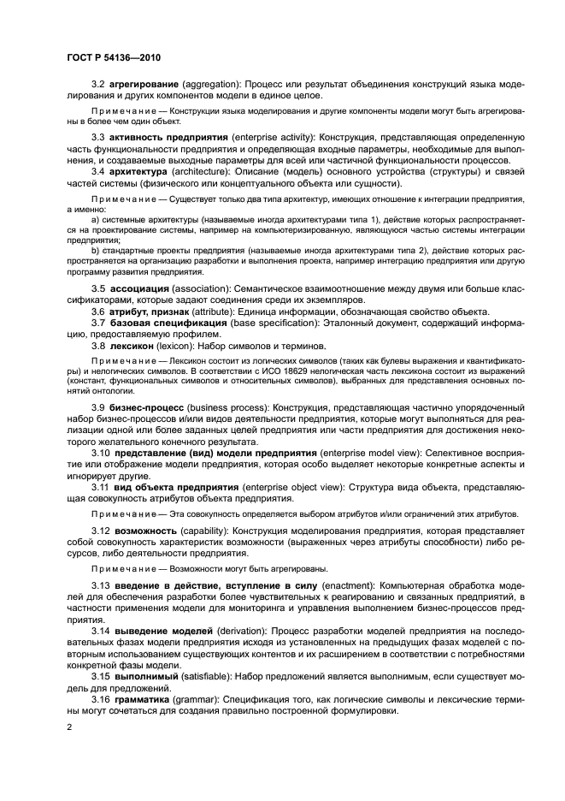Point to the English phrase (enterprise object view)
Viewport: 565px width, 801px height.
click(x=295, y=487)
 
